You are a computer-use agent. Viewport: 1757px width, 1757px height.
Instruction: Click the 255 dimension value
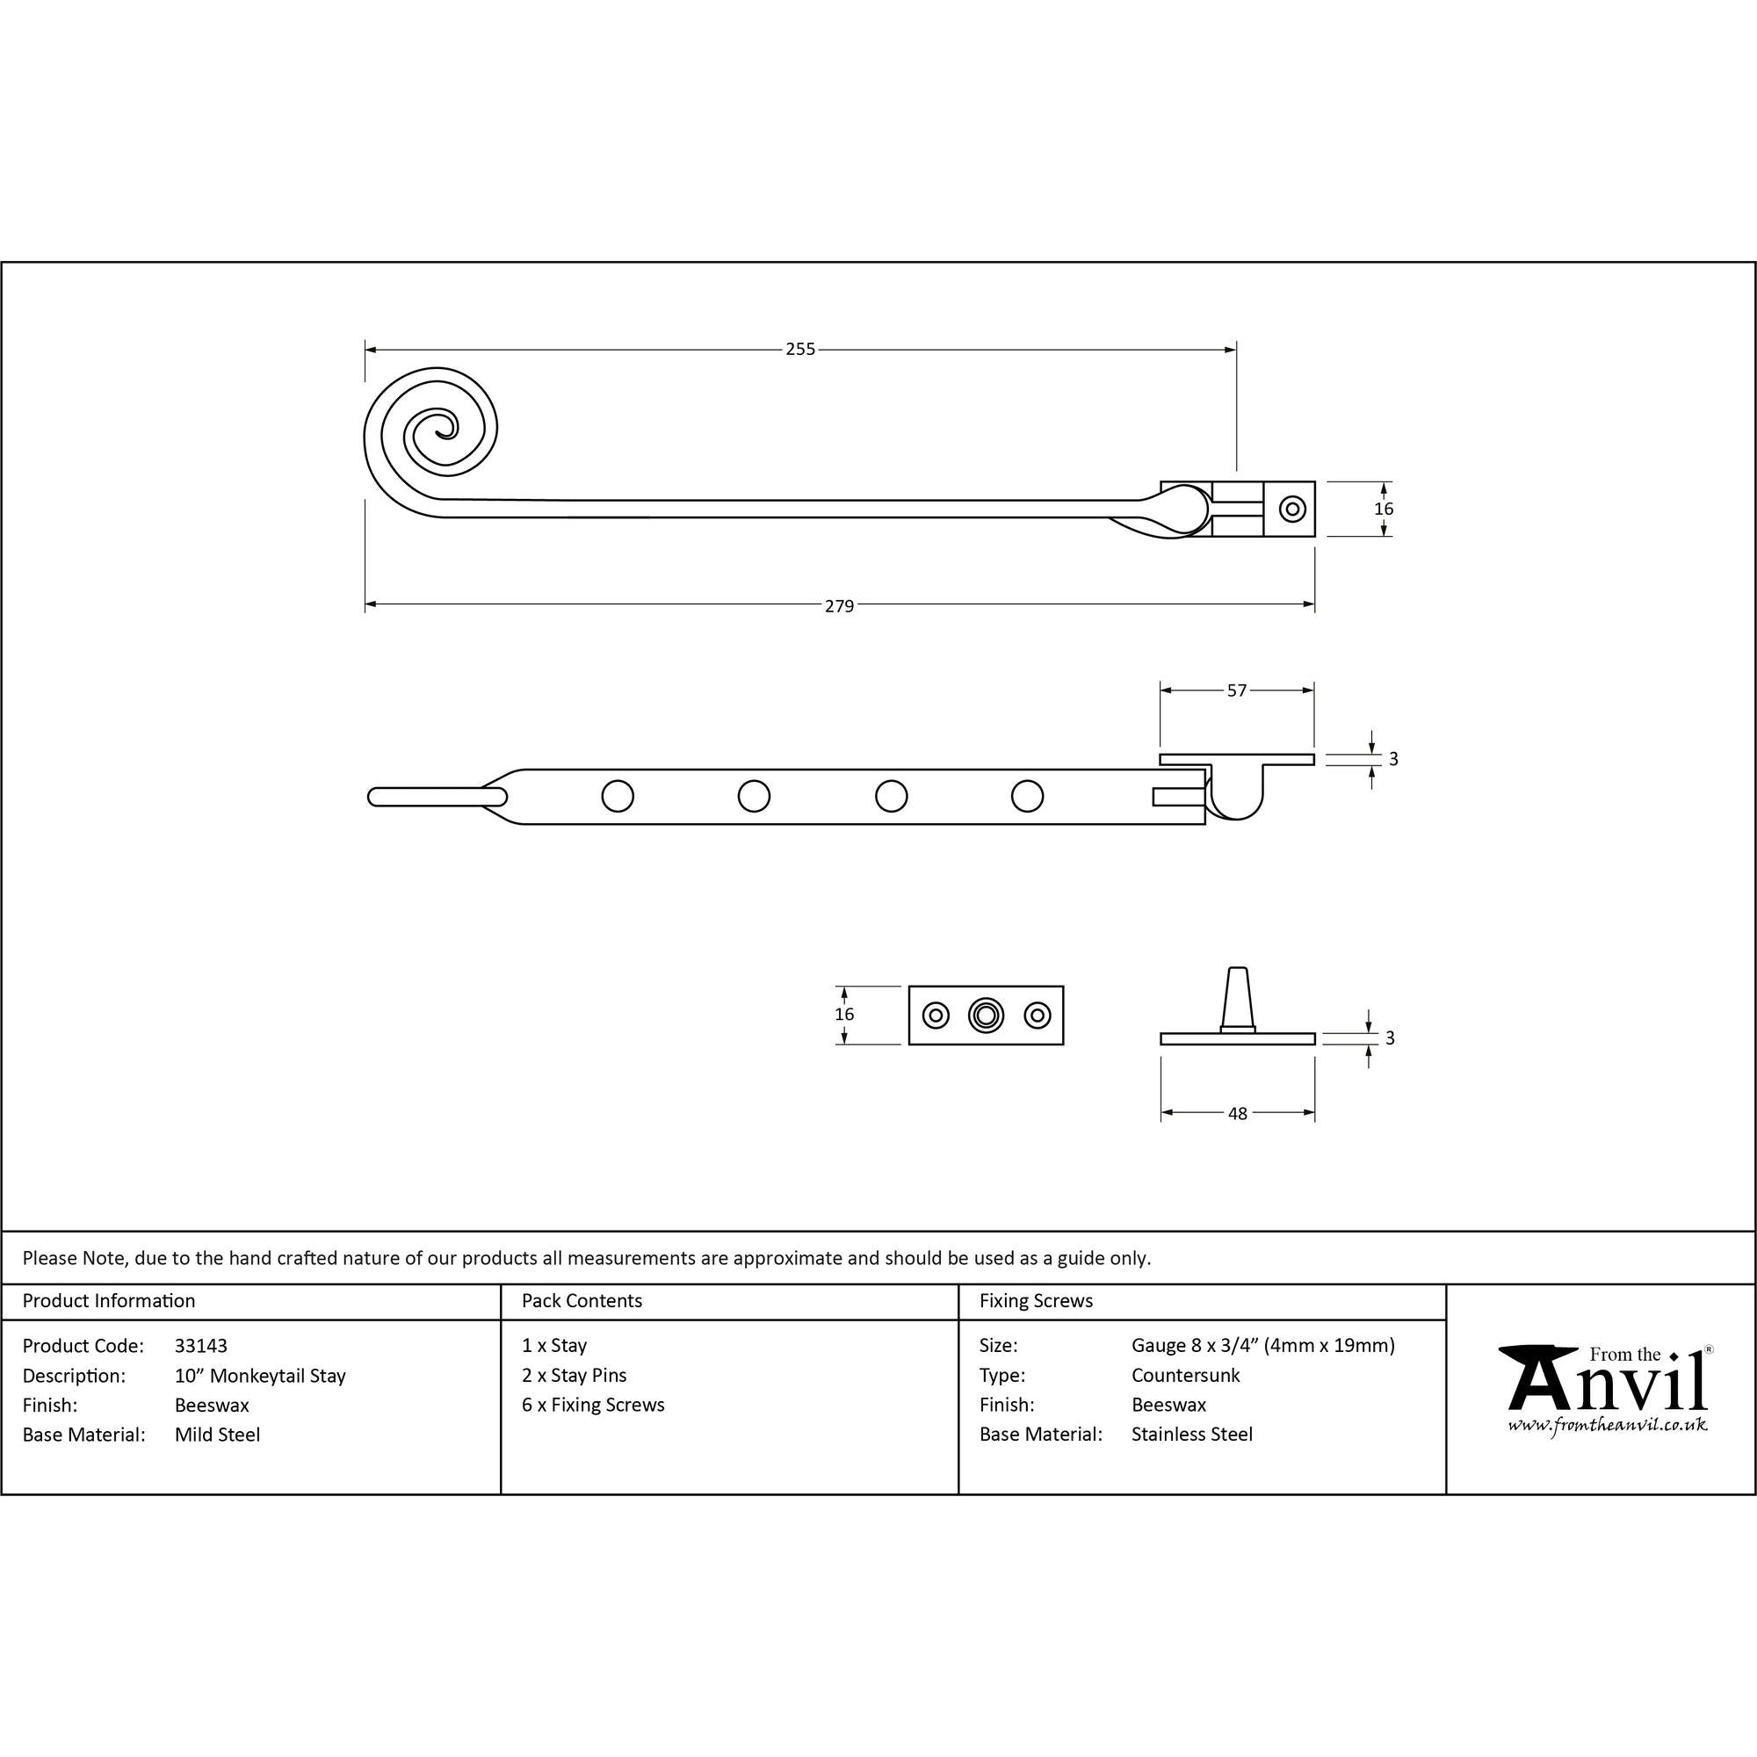800,350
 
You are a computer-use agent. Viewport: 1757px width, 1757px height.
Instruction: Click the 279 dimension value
838,605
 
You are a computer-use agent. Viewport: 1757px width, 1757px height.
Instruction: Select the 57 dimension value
1237,691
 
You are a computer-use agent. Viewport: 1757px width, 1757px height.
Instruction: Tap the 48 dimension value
1237,1113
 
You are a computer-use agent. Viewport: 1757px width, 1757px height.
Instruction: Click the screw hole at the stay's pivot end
1291,509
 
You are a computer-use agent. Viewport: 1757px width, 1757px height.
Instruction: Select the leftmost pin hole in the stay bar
618,797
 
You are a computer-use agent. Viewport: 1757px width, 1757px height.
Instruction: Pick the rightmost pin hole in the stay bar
1027,797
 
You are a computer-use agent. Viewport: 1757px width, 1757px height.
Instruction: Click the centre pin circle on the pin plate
986,1015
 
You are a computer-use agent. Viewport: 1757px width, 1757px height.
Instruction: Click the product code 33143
201,1346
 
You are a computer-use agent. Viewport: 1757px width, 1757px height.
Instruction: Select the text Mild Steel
217,1435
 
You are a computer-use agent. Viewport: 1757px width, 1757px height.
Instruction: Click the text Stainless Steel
1191,1435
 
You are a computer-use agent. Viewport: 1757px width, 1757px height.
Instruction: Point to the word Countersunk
1185,1375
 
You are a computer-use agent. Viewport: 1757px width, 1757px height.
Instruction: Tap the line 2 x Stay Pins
574,1375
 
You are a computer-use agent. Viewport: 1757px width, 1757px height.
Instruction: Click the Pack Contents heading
582,1301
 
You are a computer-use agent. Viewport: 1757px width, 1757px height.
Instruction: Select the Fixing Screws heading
1036,1301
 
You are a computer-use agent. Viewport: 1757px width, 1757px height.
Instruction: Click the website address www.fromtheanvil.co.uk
1607,1426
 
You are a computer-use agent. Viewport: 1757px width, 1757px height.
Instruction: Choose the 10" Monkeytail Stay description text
260,1376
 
